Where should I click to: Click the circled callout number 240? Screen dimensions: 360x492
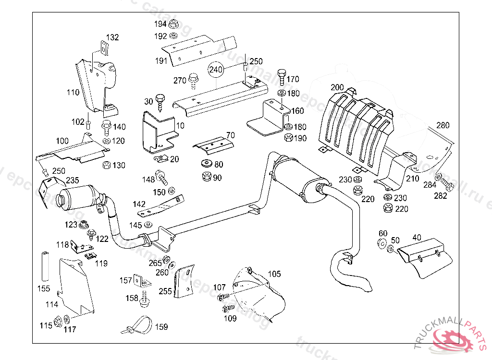click(x=216, y=70)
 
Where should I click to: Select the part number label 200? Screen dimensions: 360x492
click(x=337, y=87)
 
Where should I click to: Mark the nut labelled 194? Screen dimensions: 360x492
click(x=174, y=24)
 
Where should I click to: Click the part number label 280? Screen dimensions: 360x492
click(x=443, y=126)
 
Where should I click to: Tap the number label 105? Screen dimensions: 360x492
click(x=274, y=274)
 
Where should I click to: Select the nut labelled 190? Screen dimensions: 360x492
click(x=288, y=138)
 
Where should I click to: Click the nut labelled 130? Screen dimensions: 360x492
click(x=106, y=166)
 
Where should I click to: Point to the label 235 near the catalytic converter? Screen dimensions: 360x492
click(x=73, y=180)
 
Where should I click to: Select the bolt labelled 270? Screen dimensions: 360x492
click(x=193, y=80)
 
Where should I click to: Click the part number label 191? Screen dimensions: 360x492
click(x=161, y=60)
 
